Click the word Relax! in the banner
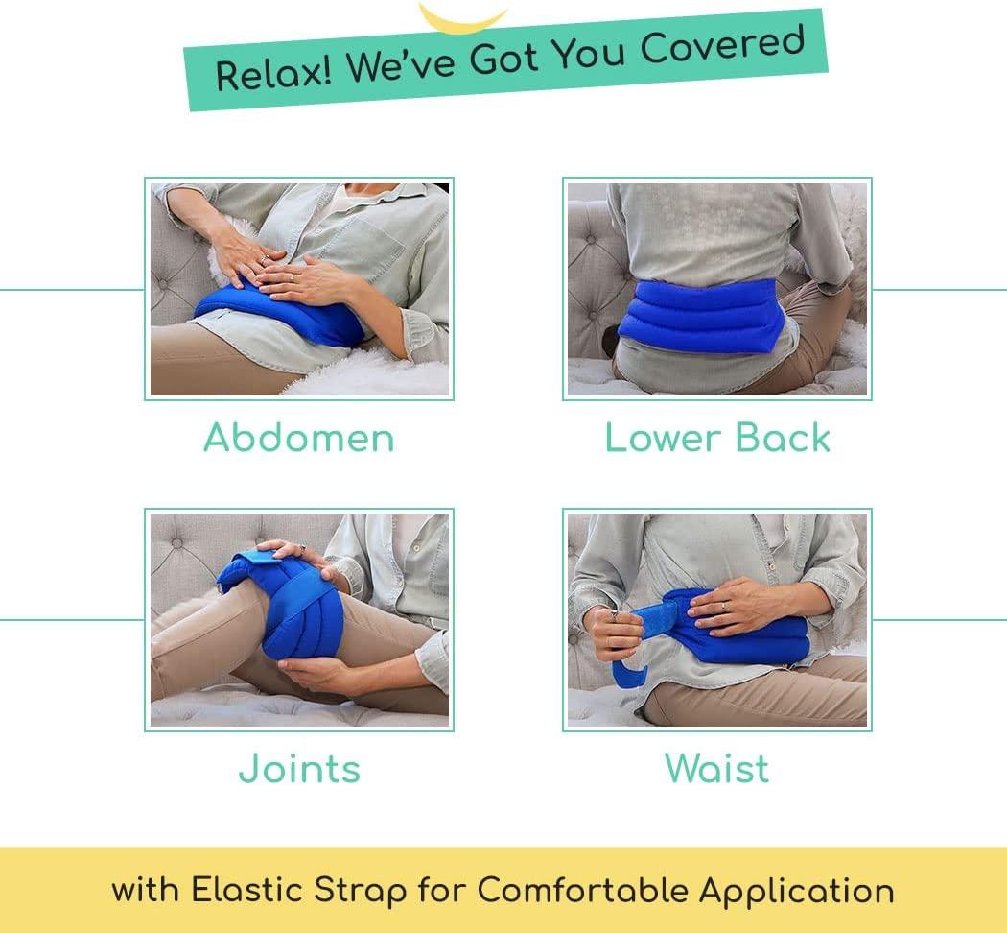click(272, 72)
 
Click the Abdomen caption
click(299, 438)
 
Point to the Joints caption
click(299, 769)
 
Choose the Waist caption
click(716, 769)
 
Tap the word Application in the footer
click(796, 890)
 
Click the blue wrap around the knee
click(288, 624)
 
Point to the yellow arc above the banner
click(462, 16)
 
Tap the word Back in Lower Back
click(785, 438)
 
